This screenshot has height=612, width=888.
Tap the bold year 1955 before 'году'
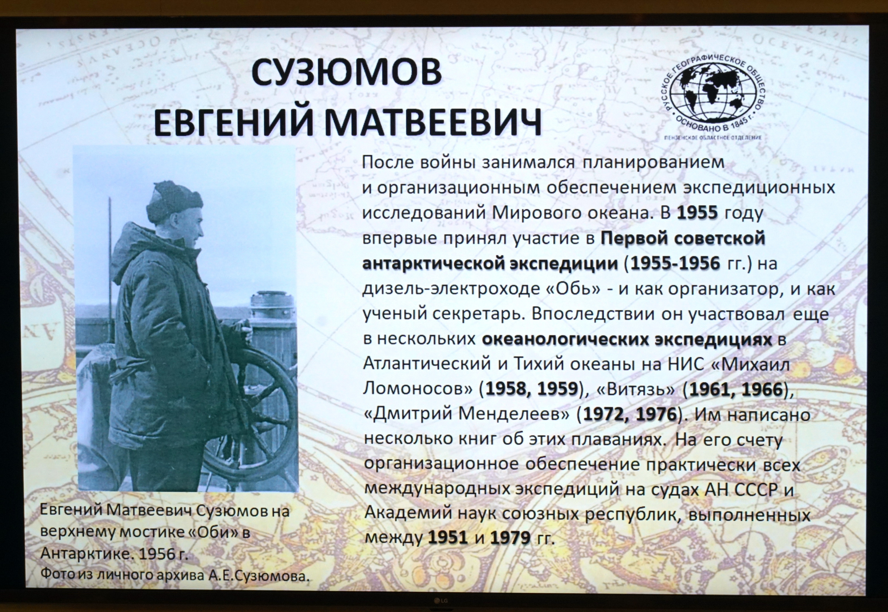[x=697, y=213]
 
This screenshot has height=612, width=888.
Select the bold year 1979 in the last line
[x=510, y=538]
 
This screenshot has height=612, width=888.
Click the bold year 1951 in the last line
[x=447, y=538]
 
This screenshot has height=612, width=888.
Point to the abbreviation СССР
[x=752, y=490]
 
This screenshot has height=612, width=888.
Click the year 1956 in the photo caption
[x=157, y=555]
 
